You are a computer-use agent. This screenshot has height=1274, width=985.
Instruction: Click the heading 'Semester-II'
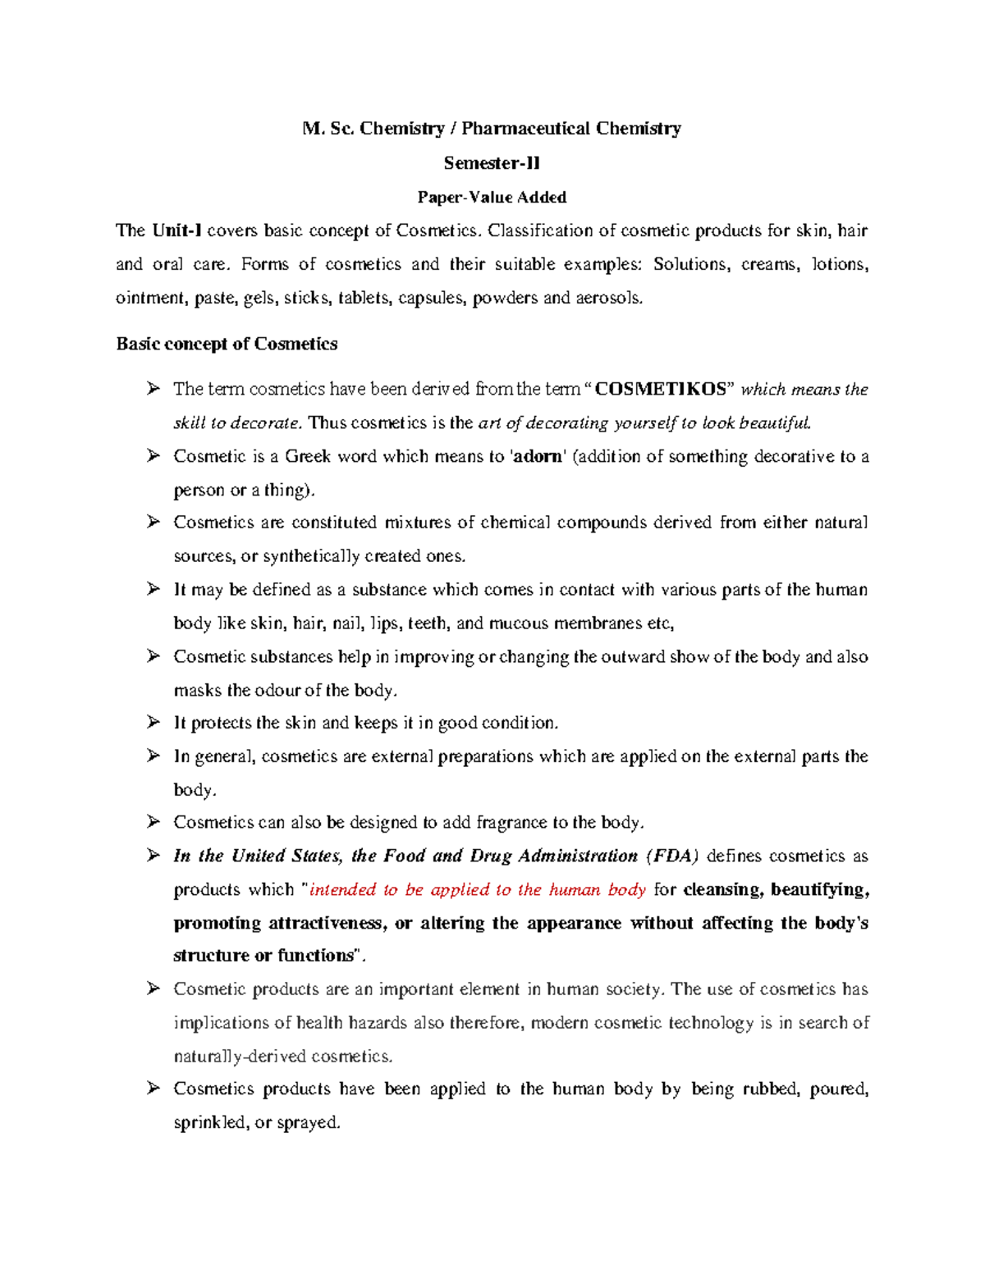[492, 163]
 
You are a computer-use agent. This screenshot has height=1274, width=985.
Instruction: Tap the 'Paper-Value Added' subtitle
[492, 198]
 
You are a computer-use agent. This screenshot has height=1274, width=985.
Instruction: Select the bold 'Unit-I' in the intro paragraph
[176, 231]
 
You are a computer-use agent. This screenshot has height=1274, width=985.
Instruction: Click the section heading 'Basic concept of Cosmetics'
[227, 345]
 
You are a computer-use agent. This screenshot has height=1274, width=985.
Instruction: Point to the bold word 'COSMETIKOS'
[660, 390]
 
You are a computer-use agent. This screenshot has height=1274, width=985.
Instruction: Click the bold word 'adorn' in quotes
[538, 457]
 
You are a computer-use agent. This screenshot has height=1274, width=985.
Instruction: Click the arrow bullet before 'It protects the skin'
[153, 723]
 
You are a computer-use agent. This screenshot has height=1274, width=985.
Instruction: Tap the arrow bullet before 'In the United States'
[153, 856]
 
